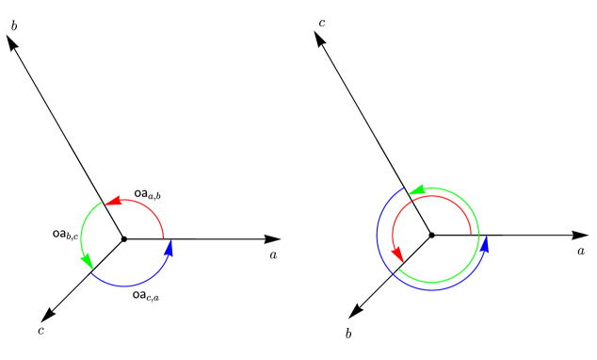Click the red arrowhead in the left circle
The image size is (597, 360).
point(113,201)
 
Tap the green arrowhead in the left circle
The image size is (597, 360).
point(88,260)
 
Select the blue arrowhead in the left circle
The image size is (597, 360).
point(169,248)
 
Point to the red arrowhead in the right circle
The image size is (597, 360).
point(399,254)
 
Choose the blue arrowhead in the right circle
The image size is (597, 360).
point(485,245)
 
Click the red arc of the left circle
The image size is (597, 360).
point(149,207)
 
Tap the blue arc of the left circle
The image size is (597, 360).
point(127,285)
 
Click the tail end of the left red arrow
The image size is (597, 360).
point(163,238)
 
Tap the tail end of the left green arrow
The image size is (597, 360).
point(103,202)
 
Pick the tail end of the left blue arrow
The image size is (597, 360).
point(91,270)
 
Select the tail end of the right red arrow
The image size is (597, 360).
point(471,234)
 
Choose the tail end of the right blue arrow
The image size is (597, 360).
point(404,188)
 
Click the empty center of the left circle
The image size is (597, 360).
point(124,241)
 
